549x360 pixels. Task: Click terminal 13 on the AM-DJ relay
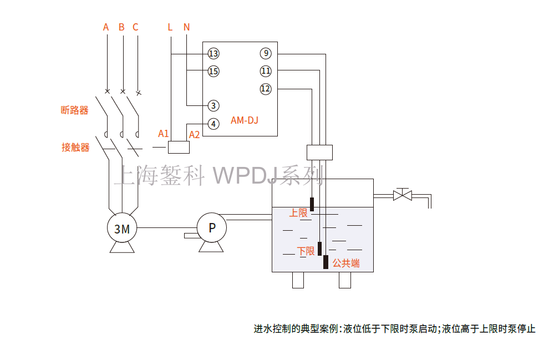213,54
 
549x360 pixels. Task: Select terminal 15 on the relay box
213,71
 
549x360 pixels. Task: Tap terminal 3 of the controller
213,105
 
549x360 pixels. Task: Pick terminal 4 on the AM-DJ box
213,124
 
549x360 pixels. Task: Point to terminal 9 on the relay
266,54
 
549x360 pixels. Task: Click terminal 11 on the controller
266,71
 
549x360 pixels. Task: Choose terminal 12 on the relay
266,89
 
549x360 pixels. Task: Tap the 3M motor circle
122,228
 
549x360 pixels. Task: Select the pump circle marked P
212,227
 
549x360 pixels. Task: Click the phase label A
106,27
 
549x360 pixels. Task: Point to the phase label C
135,27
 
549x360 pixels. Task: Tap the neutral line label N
186,27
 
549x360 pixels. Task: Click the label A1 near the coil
163,133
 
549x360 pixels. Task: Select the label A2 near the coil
194,135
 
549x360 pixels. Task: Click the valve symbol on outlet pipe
401,195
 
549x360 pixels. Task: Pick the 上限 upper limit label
298,212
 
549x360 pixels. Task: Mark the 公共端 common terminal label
346,263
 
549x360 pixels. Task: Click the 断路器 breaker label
74,110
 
